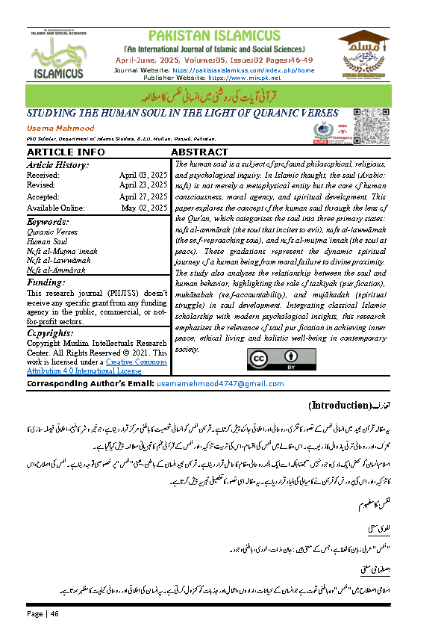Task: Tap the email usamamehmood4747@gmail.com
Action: [x=210, y=382]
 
